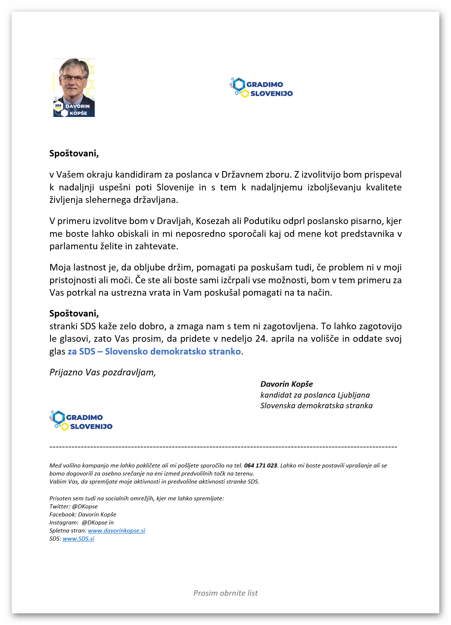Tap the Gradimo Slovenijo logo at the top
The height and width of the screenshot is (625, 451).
(262, 88)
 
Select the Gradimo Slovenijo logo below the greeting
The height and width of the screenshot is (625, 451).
(81, 421)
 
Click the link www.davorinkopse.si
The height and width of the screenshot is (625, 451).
(116, 531)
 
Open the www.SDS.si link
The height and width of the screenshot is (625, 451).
(78, 539)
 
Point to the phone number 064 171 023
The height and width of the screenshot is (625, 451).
(260, 466)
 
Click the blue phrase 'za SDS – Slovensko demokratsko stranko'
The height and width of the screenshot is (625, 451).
(154, 352)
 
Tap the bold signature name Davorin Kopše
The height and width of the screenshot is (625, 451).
(286, 384)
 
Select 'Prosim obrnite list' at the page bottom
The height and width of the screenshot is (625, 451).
(225, 593)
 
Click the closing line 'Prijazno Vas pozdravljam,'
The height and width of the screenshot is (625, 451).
(103, 372)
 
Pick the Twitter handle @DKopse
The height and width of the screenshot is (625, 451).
(85, 507)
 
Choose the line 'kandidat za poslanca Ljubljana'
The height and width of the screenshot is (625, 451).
(315, 395)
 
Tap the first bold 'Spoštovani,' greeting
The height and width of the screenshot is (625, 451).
(74, 154)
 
